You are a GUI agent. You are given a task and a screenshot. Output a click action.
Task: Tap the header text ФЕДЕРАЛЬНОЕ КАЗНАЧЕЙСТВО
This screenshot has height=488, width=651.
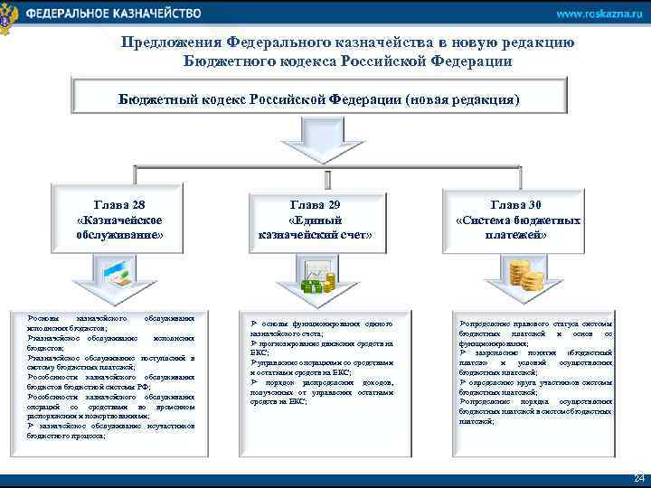(x=113, y=14)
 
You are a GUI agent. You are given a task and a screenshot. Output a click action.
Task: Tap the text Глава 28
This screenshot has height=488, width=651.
(x=119, y=205)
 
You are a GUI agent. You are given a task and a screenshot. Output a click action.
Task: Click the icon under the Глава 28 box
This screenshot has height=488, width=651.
(x=119, y=273)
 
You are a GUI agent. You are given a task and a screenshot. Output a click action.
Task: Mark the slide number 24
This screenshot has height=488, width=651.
(x=638, y=477)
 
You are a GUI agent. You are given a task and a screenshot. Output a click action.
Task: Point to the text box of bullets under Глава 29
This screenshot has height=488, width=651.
(x=322, y=362)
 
